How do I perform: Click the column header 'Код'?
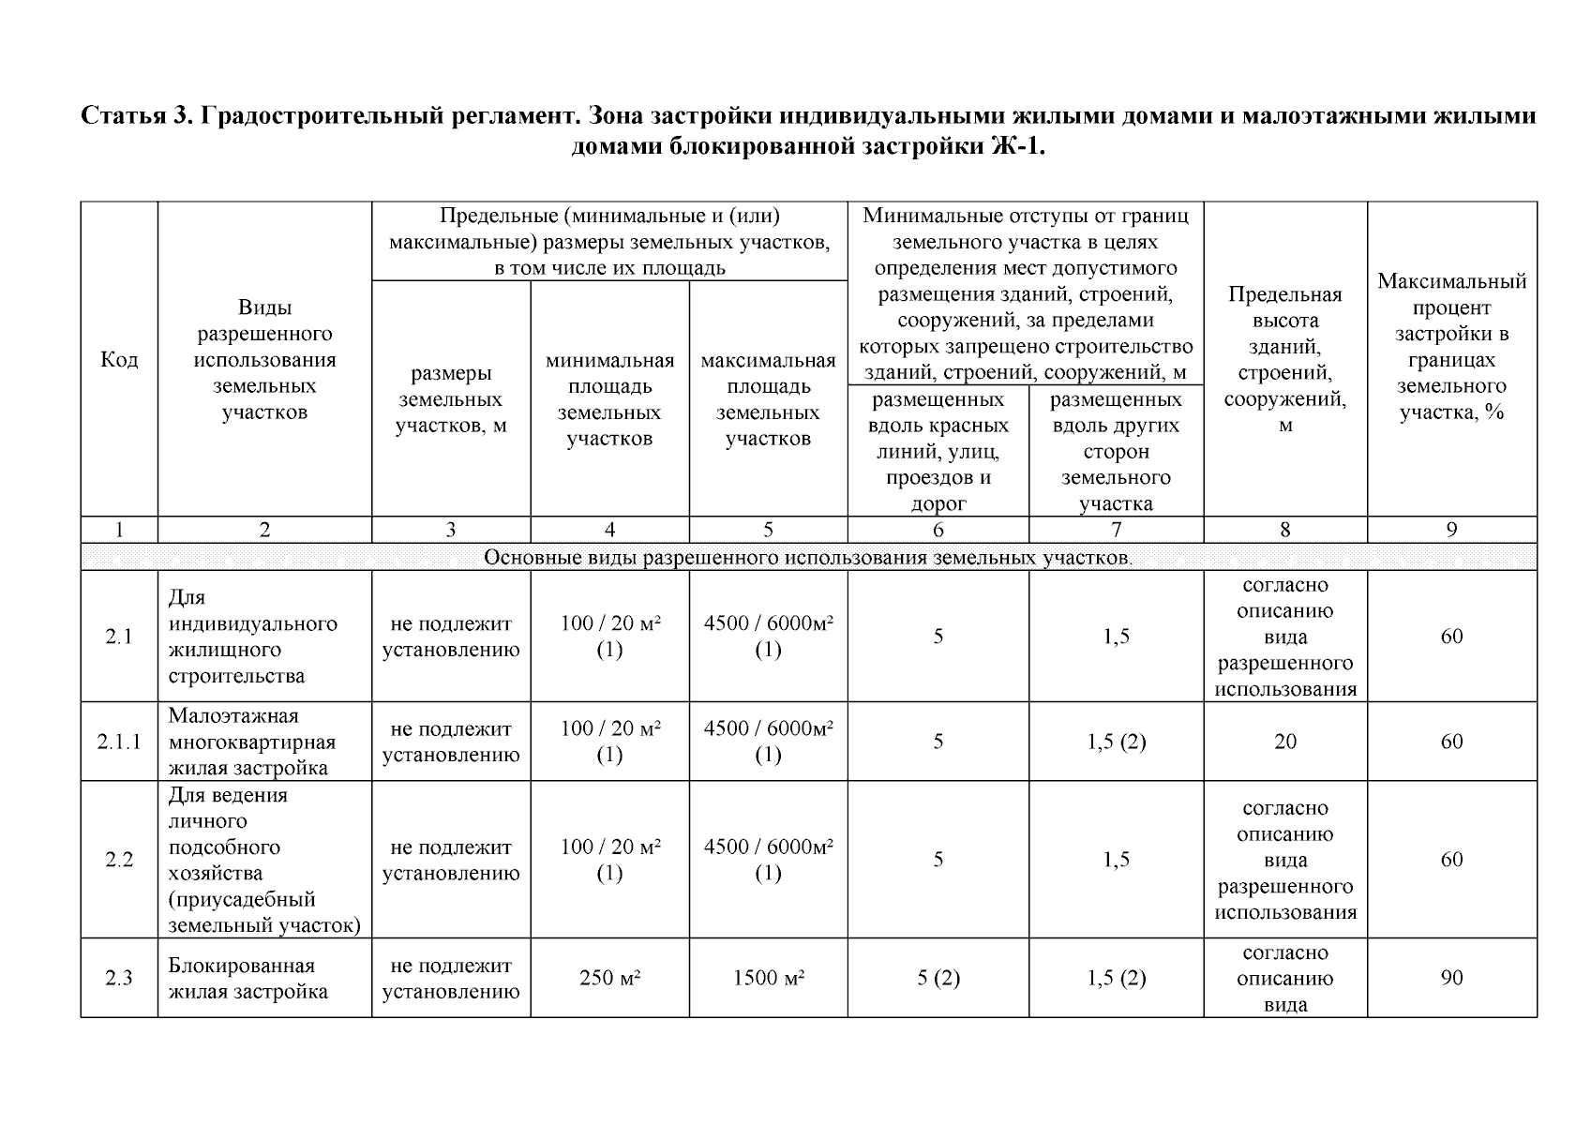point(119,360)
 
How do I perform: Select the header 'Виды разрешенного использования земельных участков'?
point(264,360)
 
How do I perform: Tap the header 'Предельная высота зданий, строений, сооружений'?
point(1285,360)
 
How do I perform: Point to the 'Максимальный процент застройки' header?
point(1451,347)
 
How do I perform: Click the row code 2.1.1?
point(119,742)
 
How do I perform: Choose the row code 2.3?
point(119,978)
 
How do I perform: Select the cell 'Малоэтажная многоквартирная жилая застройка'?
point(251,742)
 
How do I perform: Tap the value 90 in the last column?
point(1451,978)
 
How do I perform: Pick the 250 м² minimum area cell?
point(609,978)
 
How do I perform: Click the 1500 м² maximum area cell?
point(768,978)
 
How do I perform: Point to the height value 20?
point(1285,742)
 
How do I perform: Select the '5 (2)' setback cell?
point(938,978)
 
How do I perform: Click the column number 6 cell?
point(938,530)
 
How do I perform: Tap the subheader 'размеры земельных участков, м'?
point(451,399)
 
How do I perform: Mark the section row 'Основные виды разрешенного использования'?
point(808,558)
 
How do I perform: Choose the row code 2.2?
point(119,860)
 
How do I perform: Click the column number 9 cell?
point(1451,530)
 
